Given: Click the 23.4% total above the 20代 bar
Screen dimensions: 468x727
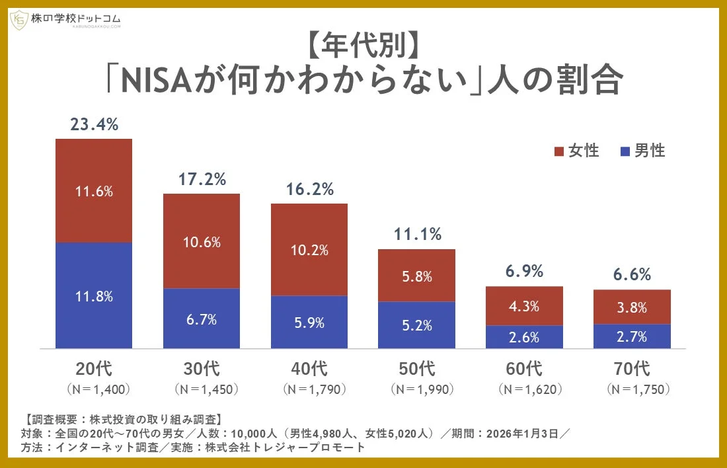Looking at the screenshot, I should pyautogui.click(x=94, y=124).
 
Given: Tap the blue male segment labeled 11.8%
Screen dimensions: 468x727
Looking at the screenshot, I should pyautogui.click(x=94, y=295).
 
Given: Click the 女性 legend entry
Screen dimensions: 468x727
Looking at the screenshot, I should pyautogui.click(x=576, y=151).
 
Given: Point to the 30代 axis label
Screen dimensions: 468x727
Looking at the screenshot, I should pyautogui.click(x=201, y=368).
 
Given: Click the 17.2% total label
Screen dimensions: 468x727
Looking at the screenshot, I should pyautogui.click(x=202, y=178).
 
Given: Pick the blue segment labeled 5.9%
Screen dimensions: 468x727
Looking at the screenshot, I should pyautogui.click(x=309, y=322).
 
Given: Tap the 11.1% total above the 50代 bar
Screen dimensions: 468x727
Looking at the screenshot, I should pyautogui.click(x=417, y=234).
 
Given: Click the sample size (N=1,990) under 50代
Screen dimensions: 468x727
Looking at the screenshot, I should pyautogui.click(x=417, y=389).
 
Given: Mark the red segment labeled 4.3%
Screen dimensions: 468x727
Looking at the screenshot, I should pyautogui.click(x=524, y=306).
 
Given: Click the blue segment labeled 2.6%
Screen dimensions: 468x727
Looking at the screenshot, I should pyautogui.click(x=524, y=336).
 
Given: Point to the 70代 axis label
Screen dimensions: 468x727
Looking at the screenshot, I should pyautogui.click(x=632, y=368).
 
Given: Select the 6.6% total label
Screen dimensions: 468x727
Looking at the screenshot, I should pyautogui.click(x=632, y=274).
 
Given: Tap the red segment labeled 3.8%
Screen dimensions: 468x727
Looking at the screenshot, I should pyautogui.click(x=632, y=307).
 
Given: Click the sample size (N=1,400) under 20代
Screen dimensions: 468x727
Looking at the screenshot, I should pyautogui.click(x=94, y=389).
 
